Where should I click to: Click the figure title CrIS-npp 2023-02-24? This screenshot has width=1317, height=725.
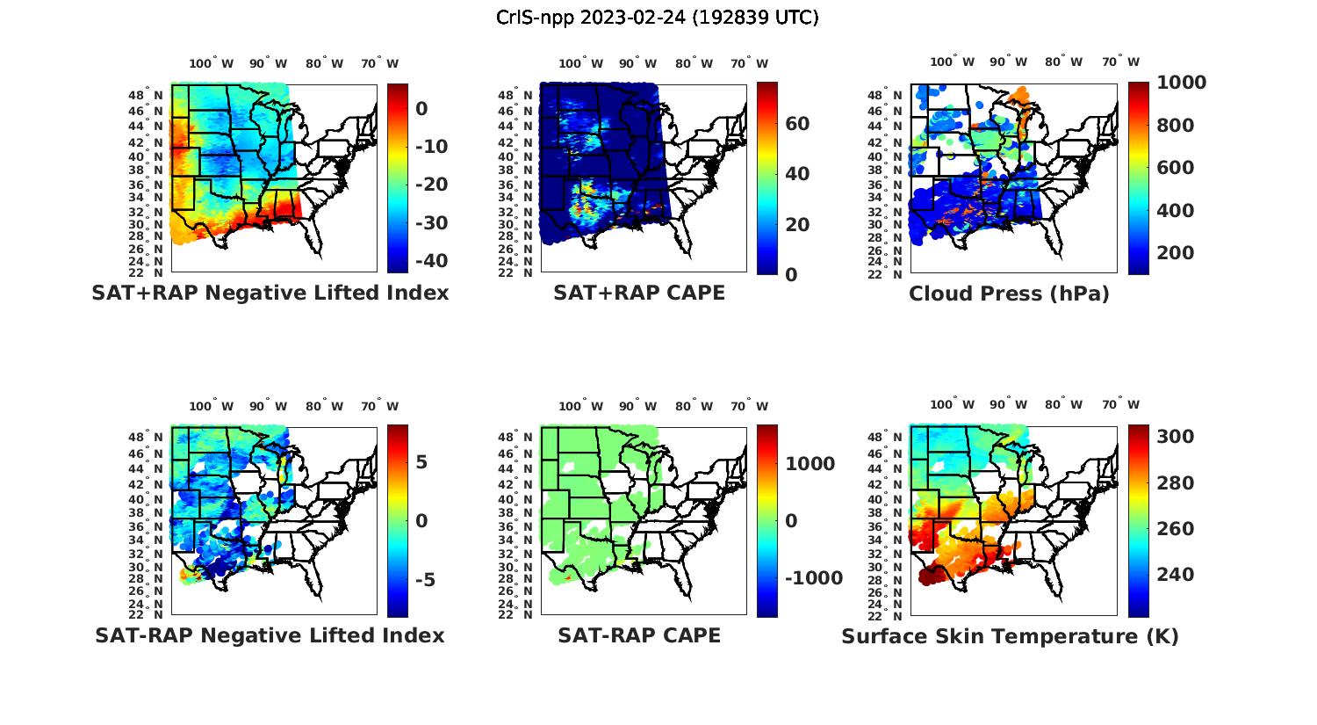click(658, 18)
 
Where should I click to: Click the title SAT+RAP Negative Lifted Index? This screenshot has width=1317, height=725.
click(270, 293)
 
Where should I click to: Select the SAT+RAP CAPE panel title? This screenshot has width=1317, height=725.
click(639, 293)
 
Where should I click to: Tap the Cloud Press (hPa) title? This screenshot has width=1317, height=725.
click(1009, 294)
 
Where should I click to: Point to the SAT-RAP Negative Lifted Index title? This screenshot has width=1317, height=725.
click(270, 635)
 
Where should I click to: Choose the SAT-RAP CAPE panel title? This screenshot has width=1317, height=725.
click(639, 635)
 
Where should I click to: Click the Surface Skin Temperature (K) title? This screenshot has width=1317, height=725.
click(1010, 636)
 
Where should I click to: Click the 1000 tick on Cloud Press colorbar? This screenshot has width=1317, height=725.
click(1182, 83)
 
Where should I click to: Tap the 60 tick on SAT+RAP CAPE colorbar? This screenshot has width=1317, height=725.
click(797, 124)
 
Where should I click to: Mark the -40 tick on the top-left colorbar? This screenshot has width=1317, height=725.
click(431, 261)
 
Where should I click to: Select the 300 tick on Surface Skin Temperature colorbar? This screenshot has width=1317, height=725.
click(1176, 437)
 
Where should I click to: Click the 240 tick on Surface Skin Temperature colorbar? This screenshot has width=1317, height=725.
click(1176, 575)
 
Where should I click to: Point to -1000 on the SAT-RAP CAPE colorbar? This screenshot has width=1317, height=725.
click(814, 578)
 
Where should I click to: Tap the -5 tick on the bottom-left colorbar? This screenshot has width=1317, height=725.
click(421, 580)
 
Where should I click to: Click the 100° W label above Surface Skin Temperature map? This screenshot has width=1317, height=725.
click(952, 405)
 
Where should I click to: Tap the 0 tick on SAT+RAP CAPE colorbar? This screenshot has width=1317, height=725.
click(791, 274)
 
